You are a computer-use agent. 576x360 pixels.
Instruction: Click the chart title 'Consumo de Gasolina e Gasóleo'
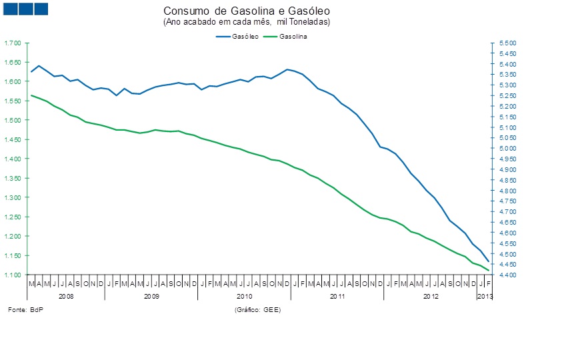pos(247,12)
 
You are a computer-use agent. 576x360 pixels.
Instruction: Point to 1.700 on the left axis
pos(13,43)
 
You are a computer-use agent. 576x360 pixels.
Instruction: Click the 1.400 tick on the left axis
pos(13,159)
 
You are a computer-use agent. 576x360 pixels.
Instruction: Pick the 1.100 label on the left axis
pos(13,275)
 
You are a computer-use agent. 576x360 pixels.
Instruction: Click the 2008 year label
pos(66,295)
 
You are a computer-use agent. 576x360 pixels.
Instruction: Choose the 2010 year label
pos(244,295)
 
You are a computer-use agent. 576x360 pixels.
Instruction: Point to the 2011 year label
pos(337,295)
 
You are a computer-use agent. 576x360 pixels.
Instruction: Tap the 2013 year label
pos(485,295)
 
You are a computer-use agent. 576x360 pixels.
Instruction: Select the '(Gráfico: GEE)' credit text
pos(257,311)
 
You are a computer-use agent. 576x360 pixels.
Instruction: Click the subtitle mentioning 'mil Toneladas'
pos(247,22)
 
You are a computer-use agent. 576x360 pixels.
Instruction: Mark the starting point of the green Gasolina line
pos(31,95)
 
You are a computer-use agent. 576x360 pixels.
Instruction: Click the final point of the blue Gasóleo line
pos(488,261)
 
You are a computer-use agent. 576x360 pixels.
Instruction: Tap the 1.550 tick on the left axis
pos(13,101)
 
